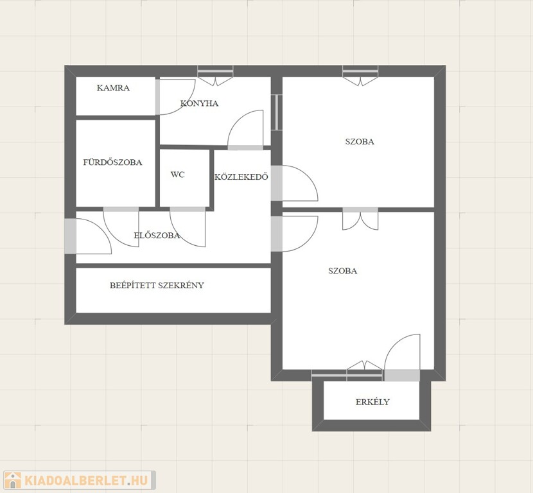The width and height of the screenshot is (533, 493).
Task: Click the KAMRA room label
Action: pos(113,88)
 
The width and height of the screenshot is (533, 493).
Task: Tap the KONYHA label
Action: pos(199,103)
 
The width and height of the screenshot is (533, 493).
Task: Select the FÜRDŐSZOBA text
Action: pos(112,162)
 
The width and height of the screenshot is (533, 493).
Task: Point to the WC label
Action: pos(177,175)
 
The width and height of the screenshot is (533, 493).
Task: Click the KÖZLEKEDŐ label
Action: pos(241,177)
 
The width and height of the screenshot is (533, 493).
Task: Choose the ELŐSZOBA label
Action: pos(157,235)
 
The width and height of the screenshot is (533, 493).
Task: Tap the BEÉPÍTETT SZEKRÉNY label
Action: pos(157,285)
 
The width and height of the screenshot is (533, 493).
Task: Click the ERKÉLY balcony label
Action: pos(372,402)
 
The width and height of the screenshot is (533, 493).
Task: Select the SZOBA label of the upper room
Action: pos(360,141)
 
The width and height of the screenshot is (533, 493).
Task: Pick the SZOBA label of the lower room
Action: pos(343,271)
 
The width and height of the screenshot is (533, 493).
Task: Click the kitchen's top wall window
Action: pos(216,71)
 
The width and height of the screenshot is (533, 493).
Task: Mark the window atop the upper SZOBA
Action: pos(360,71)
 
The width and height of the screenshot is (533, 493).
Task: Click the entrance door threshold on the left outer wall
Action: pos(71,236)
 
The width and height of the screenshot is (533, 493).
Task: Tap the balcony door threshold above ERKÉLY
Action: pos(402,376)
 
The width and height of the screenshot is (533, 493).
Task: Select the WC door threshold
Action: pos(188,209)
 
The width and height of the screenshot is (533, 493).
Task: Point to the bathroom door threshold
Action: pos(121,209)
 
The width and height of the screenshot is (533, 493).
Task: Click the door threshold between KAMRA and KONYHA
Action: pos(158,97)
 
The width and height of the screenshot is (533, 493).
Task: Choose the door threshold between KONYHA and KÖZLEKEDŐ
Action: pos(245,148)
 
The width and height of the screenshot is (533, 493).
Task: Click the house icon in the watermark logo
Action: pos(13,480)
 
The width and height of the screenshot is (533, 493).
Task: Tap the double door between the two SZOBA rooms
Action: pos(360,219)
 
